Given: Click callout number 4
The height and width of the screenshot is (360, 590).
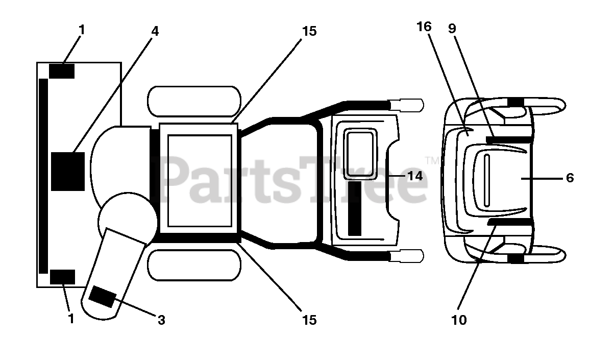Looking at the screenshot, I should coord(155,31).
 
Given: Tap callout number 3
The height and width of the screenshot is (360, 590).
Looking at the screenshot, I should coord(161,320).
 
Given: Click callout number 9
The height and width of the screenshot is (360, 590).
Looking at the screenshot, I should coord(452,28).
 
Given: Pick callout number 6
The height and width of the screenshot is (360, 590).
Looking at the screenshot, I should coord(570,178).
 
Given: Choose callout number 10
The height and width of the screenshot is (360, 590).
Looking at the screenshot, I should coord(459,320).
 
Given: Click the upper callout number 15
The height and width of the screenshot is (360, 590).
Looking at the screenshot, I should coord(309,31).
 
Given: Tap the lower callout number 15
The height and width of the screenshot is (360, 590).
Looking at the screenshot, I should coord(309,320).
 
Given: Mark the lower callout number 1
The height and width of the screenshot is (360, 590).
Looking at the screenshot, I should coord(71,319).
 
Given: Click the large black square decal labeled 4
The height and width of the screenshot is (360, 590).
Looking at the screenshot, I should coord(67,171).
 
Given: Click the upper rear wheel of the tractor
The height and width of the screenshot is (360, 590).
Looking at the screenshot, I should coord(193,101).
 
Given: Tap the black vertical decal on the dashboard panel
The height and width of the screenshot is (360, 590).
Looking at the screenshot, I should coord(354,208).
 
